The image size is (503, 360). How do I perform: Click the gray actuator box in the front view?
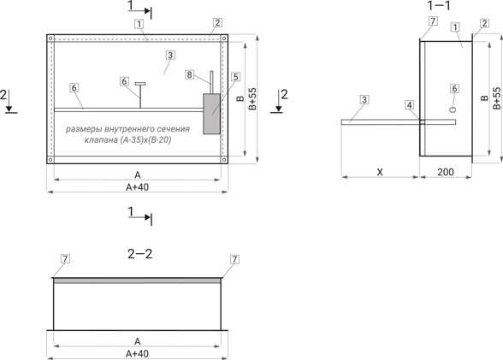(212, 114)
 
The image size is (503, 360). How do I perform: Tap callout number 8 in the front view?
(189, 74)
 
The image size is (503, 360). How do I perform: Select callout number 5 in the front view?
(236, 77)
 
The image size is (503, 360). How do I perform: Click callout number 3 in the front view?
(170, 55)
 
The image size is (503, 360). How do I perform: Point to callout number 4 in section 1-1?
(409, 105)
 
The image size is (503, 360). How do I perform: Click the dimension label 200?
(446, 172)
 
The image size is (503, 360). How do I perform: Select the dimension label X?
(380, 172)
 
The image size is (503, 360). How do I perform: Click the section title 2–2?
(140, 254)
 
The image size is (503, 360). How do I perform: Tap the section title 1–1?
(439, 5)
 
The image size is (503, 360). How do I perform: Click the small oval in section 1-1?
(453, 109)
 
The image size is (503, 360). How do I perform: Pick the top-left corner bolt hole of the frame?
(50, 38)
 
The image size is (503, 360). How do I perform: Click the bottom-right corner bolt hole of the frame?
(224, 159)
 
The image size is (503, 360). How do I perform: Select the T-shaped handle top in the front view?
(140, 84)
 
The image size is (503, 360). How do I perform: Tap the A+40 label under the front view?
(137, 187)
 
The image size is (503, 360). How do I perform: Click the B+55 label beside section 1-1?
(496, 98)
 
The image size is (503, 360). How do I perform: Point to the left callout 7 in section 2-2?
(65, 259)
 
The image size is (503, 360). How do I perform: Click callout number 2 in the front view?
(217, 23)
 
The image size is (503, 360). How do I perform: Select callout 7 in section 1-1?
(433, 21)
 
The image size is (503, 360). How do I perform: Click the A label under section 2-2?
(137, 341)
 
